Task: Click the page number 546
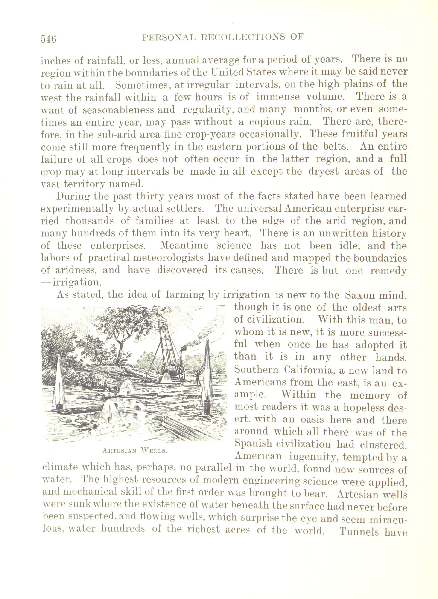[x=49, y=39]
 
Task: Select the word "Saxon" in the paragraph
[x=361, y=295]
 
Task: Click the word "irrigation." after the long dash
[x=77, y=282]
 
